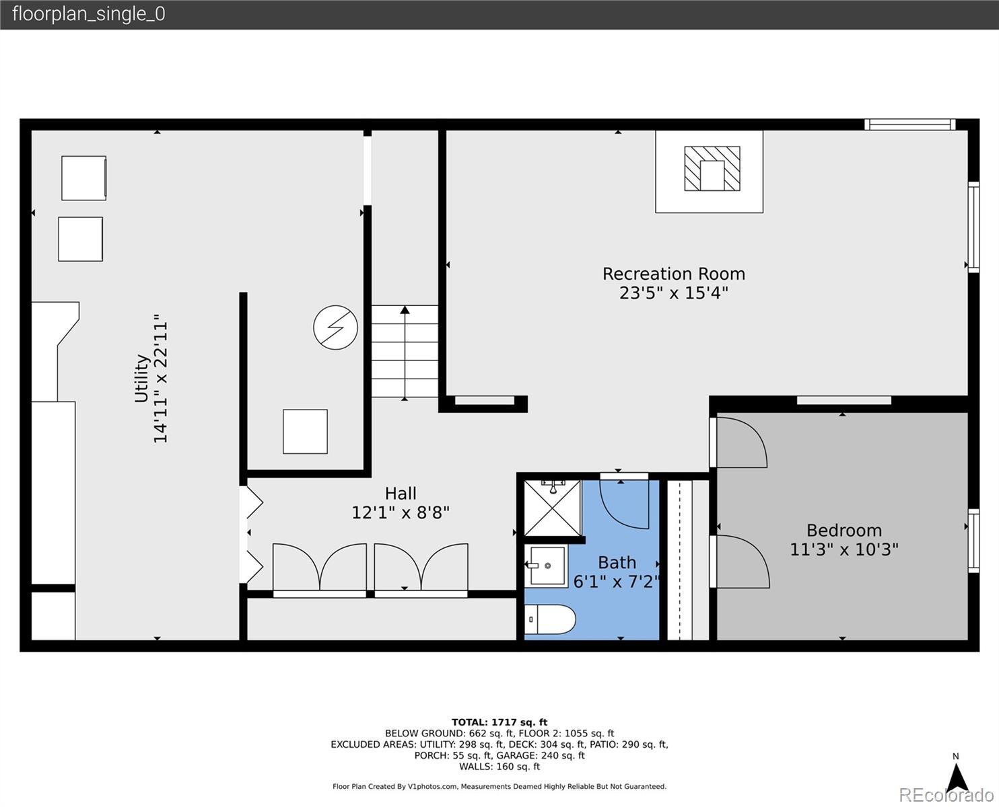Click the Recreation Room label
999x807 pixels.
pyautogui.click(x=673, y=274)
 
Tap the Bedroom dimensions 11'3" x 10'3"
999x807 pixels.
pyautogui.click(x=843, y=549)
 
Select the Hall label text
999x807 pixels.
pyautogui.click(x=401, y=493)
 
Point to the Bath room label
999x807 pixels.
pyautogui.click(x=617, y=562)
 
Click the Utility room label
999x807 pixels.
pyautogui.click(x=141, y=379)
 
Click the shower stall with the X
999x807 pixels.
pyautogui.click(x=553, y=508)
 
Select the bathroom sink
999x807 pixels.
pyautogui.click(x=546, y=566)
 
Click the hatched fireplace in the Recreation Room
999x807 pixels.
pyautogui.click(x=712, y=169)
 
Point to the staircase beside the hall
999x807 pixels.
pyautogui.click(x=405, y=351)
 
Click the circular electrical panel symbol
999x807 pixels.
pyautogui.click(x=335, y=328)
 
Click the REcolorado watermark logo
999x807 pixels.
pyautogui.click(x=946, y=795)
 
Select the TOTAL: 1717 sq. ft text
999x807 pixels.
pyautogui.click(x=500, y=722)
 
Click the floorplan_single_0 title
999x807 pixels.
pyautogui.click(x=89, y=14)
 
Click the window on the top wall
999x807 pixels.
pyautogui.click(x=910, y=124)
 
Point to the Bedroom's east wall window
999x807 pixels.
pyautogui.click(x=973, y=541)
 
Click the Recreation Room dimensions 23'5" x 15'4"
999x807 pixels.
pyautogui.click(x=673, y=293)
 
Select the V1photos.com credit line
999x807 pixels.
pyautogui.click(x=500, y=786)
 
